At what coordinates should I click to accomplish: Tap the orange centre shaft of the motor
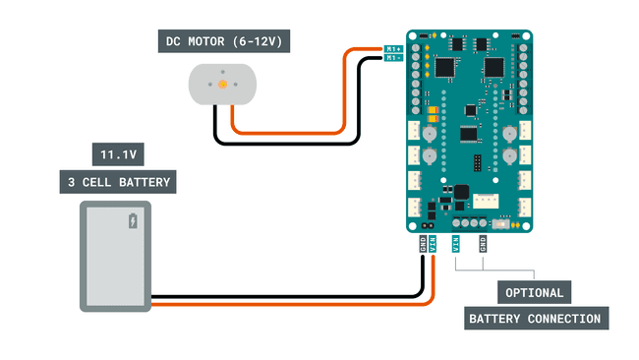(x=222, y=86)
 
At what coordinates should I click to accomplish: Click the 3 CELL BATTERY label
(x=116, y=182)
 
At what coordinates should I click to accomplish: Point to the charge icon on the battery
(x=134, y=220)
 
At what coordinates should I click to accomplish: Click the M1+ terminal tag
(x=392, y=48)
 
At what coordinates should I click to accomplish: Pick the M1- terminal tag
(x=392, y=58)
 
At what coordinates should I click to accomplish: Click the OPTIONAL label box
(x=535, y=292)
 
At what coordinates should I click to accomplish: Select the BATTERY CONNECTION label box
(x=535, y=319)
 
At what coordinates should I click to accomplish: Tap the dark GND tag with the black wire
(x=423, y=243)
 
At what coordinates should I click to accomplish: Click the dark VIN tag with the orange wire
(x=433, y=243)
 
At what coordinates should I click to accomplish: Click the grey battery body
(x=115, y=257)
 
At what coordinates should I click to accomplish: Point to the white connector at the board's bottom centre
(x=486, y=200)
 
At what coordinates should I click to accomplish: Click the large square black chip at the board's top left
(x=445, y=67)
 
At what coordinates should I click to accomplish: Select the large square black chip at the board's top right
(x=493, y=67)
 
